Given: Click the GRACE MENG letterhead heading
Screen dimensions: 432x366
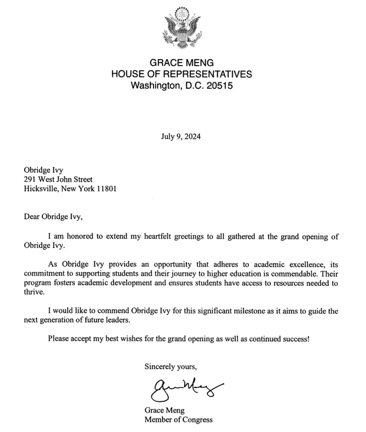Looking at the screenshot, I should pyautogui.click(x=182, y=62).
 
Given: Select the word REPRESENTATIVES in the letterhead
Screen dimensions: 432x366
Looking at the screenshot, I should pyautogui.click(x=207, y=74).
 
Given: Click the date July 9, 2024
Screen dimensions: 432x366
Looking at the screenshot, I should pyautogui.click(x=181, y=136).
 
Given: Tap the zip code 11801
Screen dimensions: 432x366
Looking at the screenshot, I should pyautogui.click(x=107, y=189).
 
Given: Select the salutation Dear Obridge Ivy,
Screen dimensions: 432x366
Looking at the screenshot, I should pyautogui.click(x=53, y=216).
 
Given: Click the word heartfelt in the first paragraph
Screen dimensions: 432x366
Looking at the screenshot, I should pyautogui.click(x=158, y=237).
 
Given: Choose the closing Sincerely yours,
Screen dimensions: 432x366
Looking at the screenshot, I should pyautogui.click(x=171, y=367).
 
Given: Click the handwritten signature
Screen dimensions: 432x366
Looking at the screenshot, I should pyautogui.click(x=184, y=388).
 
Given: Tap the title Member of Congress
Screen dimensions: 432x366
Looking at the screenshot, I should pyautogui.click(x=178, y=420).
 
